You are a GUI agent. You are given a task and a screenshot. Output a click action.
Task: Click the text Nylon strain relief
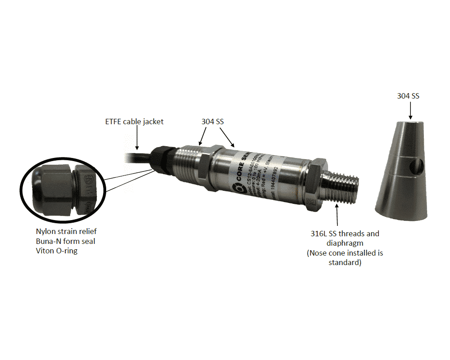pos(66,231)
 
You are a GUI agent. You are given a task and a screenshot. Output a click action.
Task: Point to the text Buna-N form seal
pos(65,241)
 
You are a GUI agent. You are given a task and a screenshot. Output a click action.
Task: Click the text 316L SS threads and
pos(345,234)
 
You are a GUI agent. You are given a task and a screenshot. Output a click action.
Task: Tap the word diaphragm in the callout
pos(345,243)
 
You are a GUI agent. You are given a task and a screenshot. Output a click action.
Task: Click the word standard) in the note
pos(345,262)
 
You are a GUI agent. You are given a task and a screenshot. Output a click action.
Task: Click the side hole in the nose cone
pos(417,167)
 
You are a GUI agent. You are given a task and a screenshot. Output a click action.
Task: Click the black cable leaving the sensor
pos(135,157)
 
